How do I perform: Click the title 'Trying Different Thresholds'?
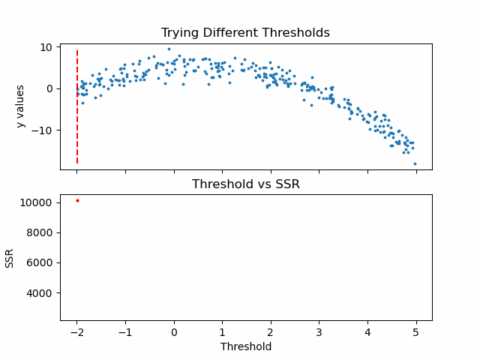[x=245, y=33]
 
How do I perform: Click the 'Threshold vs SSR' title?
[x=245, y=184]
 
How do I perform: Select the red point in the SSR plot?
[x=77, y=200]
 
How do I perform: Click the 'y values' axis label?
[x=21, y=106]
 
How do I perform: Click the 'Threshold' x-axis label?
[x=245, y=346]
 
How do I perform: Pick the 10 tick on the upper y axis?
[x=46, y=47]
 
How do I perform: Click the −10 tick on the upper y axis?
[x=43, y=130]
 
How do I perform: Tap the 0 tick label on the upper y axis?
[x=49, y=88]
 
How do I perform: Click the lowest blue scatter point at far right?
[x=415, y=163]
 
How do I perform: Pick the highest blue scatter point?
[x=169, y=49]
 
